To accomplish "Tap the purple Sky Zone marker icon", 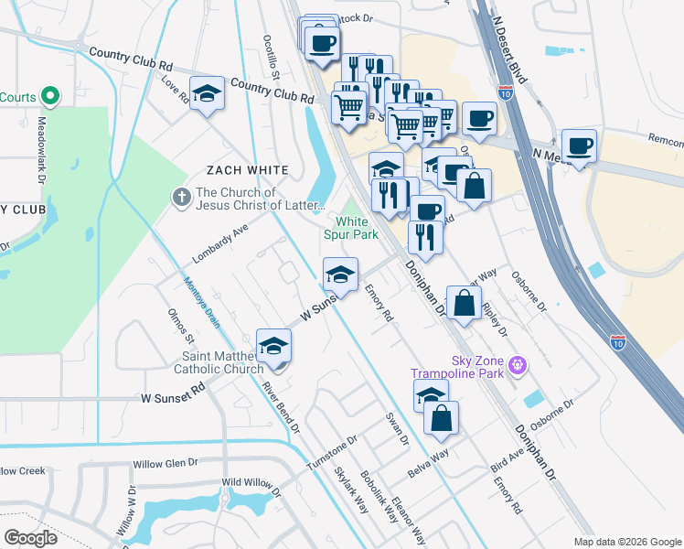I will (x=518, y=365).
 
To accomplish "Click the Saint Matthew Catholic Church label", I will (x=223, y=362).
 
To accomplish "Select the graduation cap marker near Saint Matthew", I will (x=273, y=344).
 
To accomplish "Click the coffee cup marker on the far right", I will (x=579, y=145).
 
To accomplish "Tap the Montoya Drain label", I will (x=201, y=302).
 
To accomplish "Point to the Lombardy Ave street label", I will (x=220, y=244).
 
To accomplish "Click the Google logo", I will (x=29, y=538).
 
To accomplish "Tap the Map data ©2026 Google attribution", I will (x=627, y=542).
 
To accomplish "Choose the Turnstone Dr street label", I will (x=331, y=453).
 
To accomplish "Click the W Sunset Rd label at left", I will (x=175, y=398).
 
